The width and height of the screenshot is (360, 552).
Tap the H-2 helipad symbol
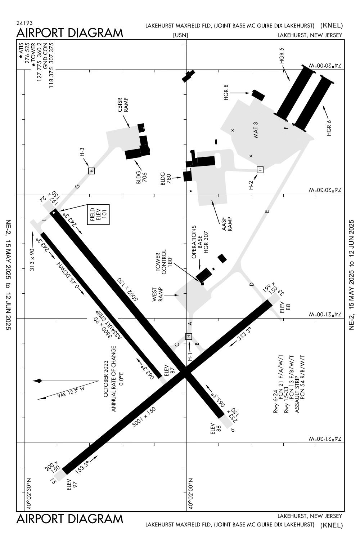tap(260, 169)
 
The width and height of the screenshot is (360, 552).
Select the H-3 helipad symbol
tap(91, 170)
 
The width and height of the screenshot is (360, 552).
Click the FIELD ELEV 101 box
tap(98, 215)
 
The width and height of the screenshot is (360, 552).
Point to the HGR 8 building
tap(258, 95)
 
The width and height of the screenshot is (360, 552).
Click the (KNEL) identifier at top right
tap(332, 25)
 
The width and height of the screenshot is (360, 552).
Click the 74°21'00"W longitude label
tap(324, 315)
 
